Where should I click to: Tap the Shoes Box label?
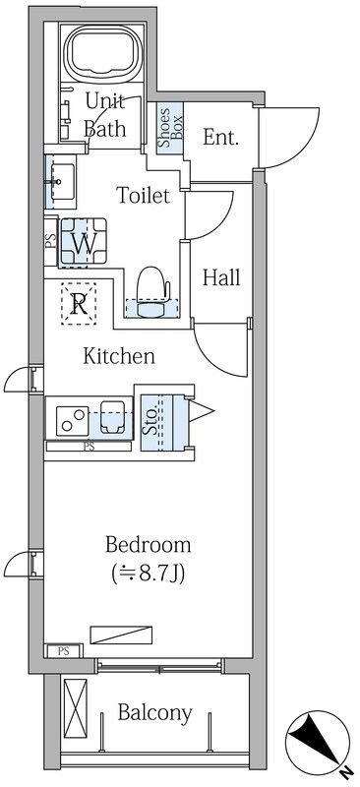(x=171, y=128)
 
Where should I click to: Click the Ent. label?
(x=220, y=137)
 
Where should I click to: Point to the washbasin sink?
(x=60, y=181)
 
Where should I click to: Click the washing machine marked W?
(x=84, y=243)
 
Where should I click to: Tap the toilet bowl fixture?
(x=152, y=291)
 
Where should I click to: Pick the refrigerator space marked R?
(x=79, y=304)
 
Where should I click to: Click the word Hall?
(x=221, y=277)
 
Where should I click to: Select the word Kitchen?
(x=118, y=356)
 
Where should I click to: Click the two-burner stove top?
(x=73, y=421)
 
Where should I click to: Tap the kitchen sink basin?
(x=113, y=417)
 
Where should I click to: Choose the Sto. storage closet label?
(x=150, y=423)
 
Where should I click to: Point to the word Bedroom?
(x=149, y=545)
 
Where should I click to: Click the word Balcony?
(x=155, y=712)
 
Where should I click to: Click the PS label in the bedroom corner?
(x=63, y=652)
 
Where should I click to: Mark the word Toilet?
(x=143, y=195)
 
